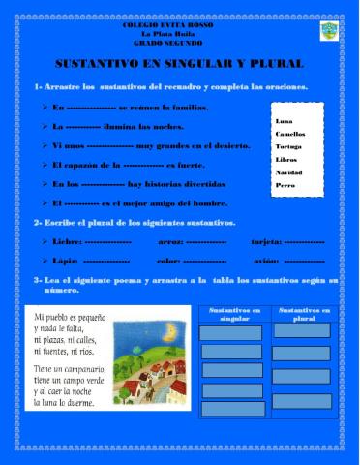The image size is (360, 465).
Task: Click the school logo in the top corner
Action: pyautogui.click(x=328, y=32)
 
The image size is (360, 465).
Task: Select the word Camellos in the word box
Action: pyautogui.click(x=290, y=135)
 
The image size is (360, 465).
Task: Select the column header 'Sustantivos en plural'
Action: pyautogui.click(x=301, y=314)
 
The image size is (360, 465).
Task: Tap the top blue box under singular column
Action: pyautogui.click(x=231, y=331)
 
